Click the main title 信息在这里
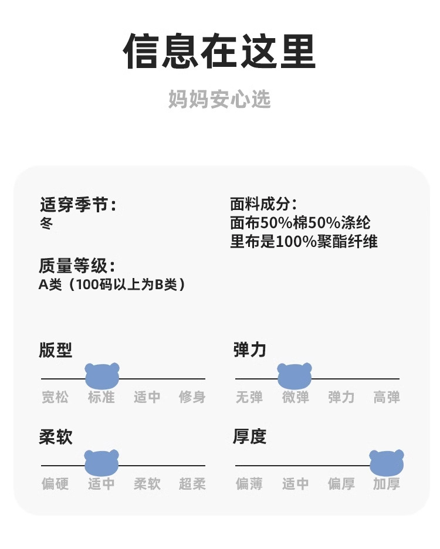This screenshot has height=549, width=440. point(219,52)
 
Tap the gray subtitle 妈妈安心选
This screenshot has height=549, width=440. point(219,99)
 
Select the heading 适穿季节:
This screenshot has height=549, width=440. point(77,205)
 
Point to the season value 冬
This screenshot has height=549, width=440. point(46,223)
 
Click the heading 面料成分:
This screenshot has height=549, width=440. point(263,205)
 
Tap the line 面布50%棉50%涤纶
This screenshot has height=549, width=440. point(300,223)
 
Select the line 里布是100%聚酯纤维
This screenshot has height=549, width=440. point(303,241)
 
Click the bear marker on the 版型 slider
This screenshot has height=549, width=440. point(102,375)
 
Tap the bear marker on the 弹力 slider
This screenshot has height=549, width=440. point(295,375)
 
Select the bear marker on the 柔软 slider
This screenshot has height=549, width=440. point(101,462)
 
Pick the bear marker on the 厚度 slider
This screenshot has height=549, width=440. point(387,462)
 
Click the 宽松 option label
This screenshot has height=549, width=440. point(55,397)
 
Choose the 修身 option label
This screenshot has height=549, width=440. point(192,397)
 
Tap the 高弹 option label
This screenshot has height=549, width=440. point(387,397)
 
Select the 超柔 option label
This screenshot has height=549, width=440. point(192,484)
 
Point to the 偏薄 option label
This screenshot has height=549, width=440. point(249,484)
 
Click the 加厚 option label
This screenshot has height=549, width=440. point(387,484)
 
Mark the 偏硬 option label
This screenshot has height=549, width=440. point(55,484)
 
